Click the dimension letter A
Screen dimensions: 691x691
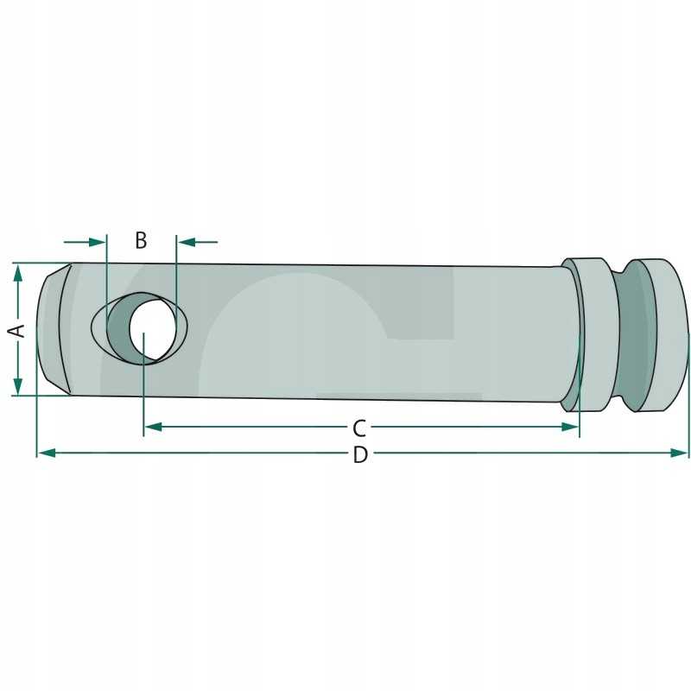[x=18, y=330]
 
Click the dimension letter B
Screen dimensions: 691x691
[x=141, y=240]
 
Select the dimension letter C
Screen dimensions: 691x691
[x=359, y=428]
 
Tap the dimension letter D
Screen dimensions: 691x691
[x=360, y=455]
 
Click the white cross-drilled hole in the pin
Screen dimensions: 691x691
[x=153, y=328]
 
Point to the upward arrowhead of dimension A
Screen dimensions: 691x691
[x=18, y=273]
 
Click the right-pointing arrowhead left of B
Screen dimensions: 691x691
[x=97, y=242]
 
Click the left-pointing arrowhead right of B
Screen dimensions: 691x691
[x=186, y=242]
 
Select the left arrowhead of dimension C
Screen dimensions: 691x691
[x=153, y=427]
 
